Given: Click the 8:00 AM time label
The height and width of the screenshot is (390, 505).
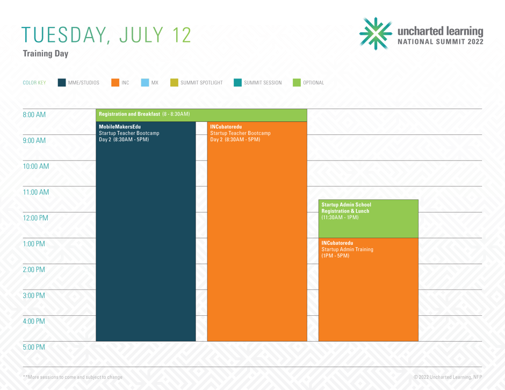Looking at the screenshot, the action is [x=34, y=114].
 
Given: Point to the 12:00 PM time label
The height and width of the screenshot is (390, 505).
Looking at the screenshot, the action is [x=35, y=218].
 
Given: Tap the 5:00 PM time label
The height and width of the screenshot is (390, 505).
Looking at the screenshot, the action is [x=34, y=347].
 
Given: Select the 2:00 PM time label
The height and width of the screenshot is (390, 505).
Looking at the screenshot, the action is [x=34, y=270].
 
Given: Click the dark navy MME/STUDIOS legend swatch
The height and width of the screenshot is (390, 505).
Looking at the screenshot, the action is [x=62, y=82].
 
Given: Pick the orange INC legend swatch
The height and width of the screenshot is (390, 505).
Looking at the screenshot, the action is [x=116, y=82].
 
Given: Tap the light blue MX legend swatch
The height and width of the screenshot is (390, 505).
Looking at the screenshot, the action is [x=145, y=82].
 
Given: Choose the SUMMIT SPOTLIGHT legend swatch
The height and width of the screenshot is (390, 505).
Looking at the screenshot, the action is [x=174, y=82].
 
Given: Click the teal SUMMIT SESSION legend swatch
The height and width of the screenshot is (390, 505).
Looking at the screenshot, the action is [x=237, y=82].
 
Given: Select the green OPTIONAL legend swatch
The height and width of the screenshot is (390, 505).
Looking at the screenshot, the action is [x=297, y=82].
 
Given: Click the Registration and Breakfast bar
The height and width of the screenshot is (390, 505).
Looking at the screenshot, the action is [x=201, y=115].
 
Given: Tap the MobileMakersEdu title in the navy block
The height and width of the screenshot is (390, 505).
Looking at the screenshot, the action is [x=120, y=127].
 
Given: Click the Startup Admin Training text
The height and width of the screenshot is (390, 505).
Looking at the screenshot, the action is [x=347, y=249].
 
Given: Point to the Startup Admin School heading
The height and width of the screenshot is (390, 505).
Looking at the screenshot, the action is [x=346, y=205].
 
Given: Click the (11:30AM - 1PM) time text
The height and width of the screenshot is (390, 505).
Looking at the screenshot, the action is [x=340, y=218].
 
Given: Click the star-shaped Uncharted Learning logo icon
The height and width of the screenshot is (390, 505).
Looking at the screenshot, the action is [x=376, y=33].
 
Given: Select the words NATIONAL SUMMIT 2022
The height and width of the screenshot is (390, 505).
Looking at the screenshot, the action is [x=441, y=41].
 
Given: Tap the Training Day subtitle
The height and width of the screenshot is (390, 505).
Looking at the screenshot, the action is [x=46, y=54].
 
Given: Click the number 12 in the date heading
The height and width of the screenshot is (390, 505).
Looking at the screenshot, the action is [x=182, y=35].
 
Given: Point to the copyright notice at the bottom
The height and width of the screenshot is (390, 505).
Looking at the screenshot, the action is [x=448, y=377].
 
